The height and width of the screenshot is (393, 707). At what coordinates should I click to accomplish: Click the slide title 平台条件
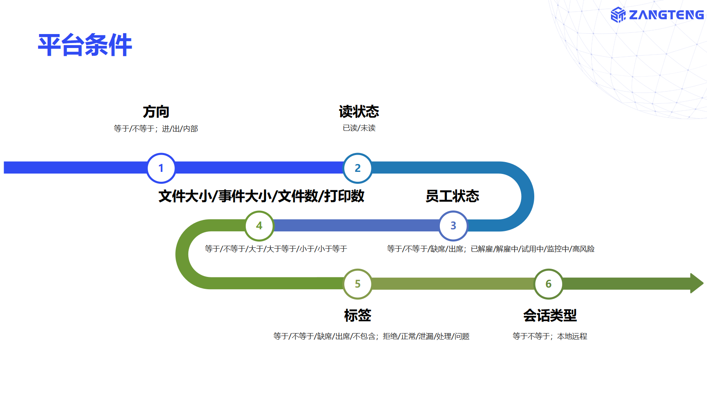tap(85, 45)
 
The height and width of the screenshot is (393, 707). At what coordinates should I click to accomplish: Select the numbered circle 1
tap(161, 168)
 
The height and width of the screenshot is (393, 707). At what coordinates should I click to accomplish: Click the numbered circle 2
tap(357, 168)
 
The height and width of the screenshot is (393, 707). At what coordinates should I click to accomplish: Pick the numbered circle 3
tap(453, 226)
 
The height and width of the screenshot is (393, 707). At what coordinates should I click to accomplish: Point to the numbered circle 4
tap(259, 226)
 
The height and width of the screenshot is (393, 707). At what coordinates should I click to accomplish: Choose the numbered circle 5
tap(357, 284)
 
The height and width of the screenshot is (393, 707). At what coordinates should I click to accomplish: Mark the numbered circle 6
tap(548, 284)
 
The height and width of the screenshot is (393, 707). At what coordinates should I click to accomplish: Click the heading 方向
tap(156, 112)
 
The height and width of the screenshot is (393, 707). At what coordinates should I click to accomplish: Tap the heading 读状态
tap(359, 112)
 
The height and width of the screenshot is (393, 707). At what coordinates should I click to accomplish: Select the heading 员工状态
tap(452, 196)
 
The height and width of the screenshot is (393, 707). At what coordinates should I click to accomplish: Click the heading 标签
tap(357, 315)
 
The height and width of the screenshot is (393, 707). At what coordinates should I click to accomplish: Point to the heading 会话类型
tap(550, 315)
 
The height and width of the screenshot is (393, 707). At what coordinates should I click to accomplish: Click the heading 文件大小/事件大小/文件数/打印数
tap(261, 196)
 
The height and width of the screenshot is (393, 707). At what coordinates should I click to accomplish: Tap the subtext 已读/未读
tap(359, 128)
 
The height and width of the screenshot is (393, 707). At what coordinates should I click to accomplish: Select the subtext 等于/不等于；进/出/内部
tap(156, 129)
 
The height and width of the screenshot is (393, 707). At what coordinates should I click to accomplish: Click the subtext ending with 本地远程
tap(550, 336)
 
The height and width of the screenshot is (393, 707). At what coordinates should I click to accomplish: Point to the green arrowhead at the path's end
tap(697, 283)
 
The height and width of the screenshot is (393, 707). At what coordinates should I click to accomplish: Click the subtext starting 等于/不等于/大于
tap(276, 249)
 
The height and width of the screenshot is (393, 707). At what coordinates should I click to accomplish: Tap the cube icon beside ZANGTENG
tap(618, 15)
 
